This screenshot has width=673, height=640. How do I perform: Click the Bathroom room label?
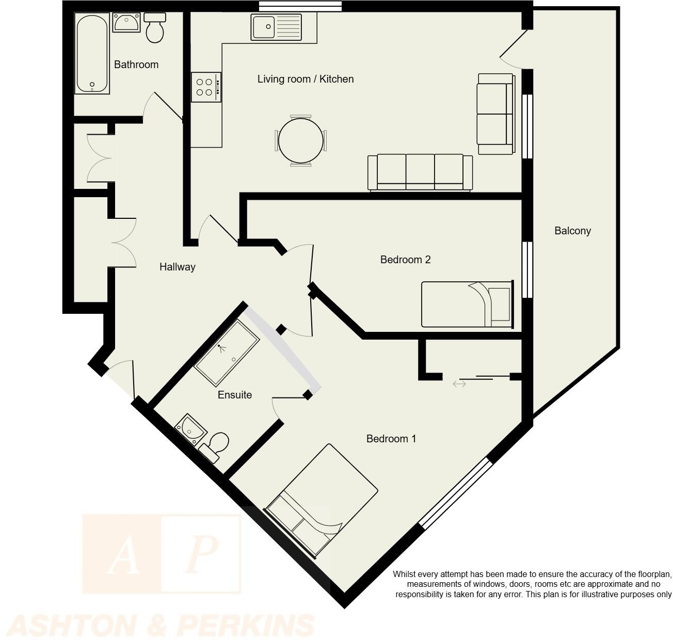(x=136, y=65)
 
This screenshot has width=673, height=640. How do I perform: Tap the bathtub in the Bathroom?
(x=92, y=53)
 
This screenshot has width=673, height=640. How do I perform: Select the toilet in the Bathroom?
(x=155, y=28)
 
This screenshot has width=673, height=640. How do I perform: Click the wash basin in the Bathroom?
(x=126, y=23)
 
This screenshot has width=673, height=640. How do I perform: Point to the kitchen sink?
(x=276, y=27)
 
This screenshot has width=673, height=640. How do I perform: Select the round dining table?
(x=301, y=140)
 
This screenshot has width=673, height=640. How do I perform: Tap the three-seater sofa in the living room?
(x=420, y=172)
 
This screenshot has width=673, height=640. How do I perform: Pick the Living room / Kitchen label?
(x=306, y=79)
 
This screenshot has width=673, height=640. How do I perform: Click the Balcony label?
(x=572, y=231)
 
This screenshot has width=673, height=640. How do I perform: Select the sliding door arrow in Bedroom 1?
(x=459, y=383)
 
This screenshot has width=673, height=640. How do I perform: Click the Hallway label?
(x=177, y=267)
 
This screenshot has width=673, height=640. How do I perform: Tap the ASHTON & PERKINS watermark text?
(x=162, y=626)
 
